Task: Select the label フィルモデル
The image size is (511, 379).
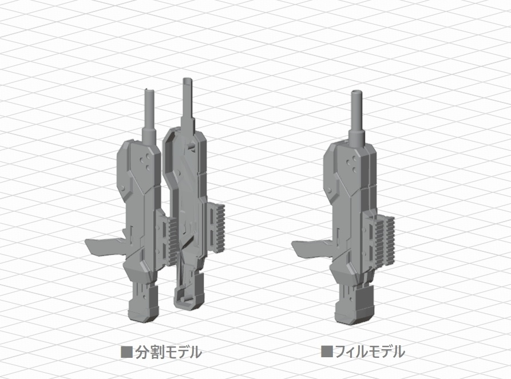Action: click(369, 352)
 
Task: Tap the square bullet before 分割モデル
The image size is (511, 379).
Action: click(126, 352)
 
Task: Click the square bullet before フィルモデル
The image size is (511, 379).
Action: click(327, 352)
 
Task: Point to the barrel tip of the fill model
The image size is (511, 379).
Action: click(358, 93)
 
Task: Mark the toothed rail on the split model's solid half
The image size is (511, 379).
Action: click(170, 240)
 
